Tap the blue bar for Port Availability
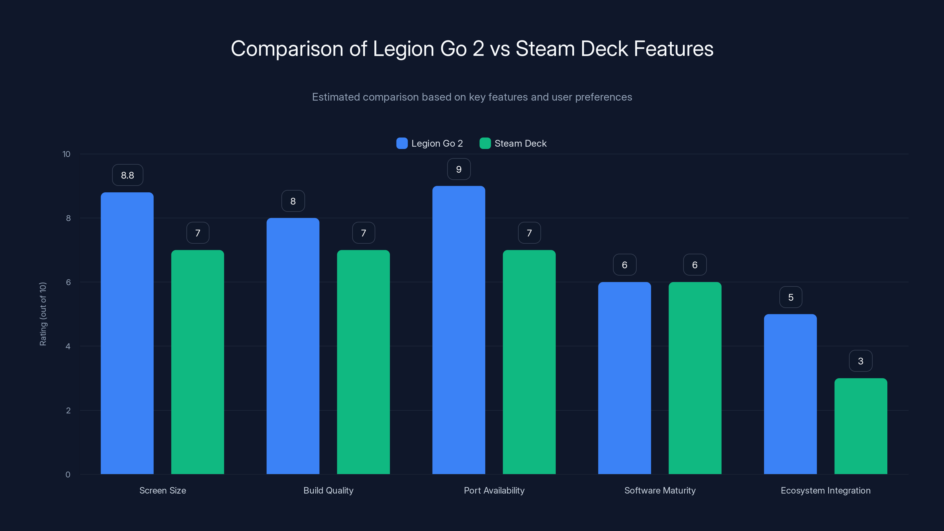[x=458, y=330]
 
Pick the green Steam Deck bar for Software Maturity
[x=695, y=378]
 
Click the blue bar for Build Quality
[x=293, y=346]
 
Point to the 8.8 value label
[x=127, y=175]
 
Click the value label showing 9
[x=459, y=169]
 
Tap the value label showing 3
[x=861, y=361]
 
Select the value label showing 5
[x=791, y=297]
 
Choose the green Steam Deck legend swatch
[x=485, y=143]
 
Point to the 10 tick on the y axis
[x=66, y=154]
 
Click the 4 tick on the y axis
[x=68, y=346]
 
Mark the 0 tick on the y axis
[x=68, y=475]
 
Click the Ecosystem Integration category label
[x=825, y=490]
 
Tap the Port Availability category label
[x=494, y=490]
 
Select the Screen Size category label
[x=163, y=490]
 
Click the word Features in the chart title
[x=673, y=49]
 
